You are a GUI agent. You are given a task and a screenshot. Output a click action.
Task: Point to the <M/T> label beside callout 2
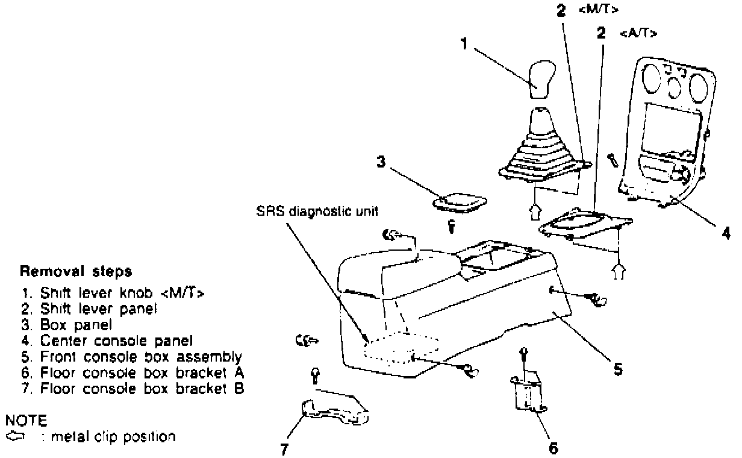[599, 10]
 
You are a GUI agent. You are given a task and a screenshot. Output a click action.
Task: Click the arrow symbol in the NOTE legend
[13, 435]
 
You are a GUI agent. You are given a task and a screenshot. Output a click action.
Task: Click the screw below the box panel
[451, 227]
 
